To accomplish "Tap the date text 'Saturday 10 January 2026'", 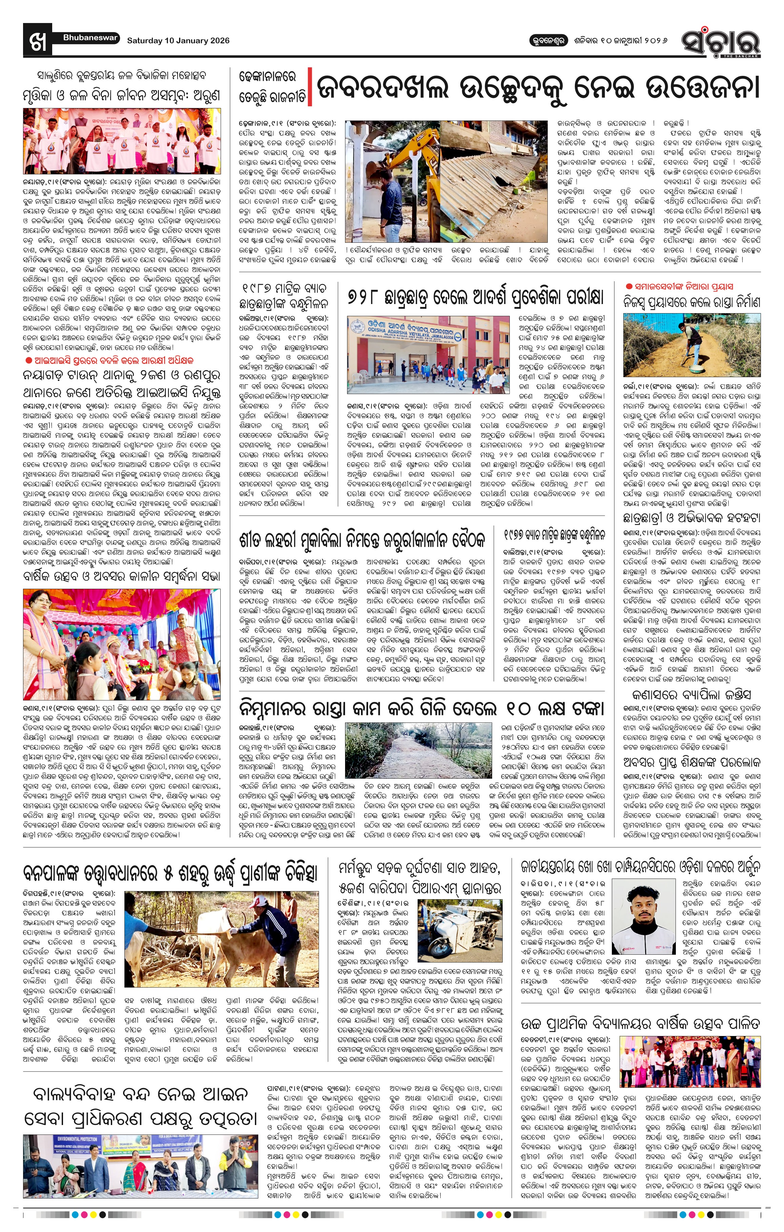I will (x=178, y=40).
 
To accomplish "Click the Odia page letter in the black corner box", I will (x=37, y=40).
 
